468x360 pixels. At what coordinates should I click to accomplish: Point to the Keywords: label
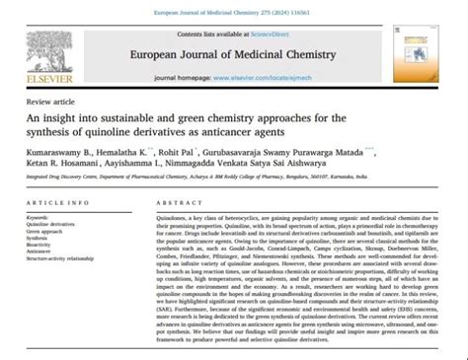[x=40, y=215]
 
